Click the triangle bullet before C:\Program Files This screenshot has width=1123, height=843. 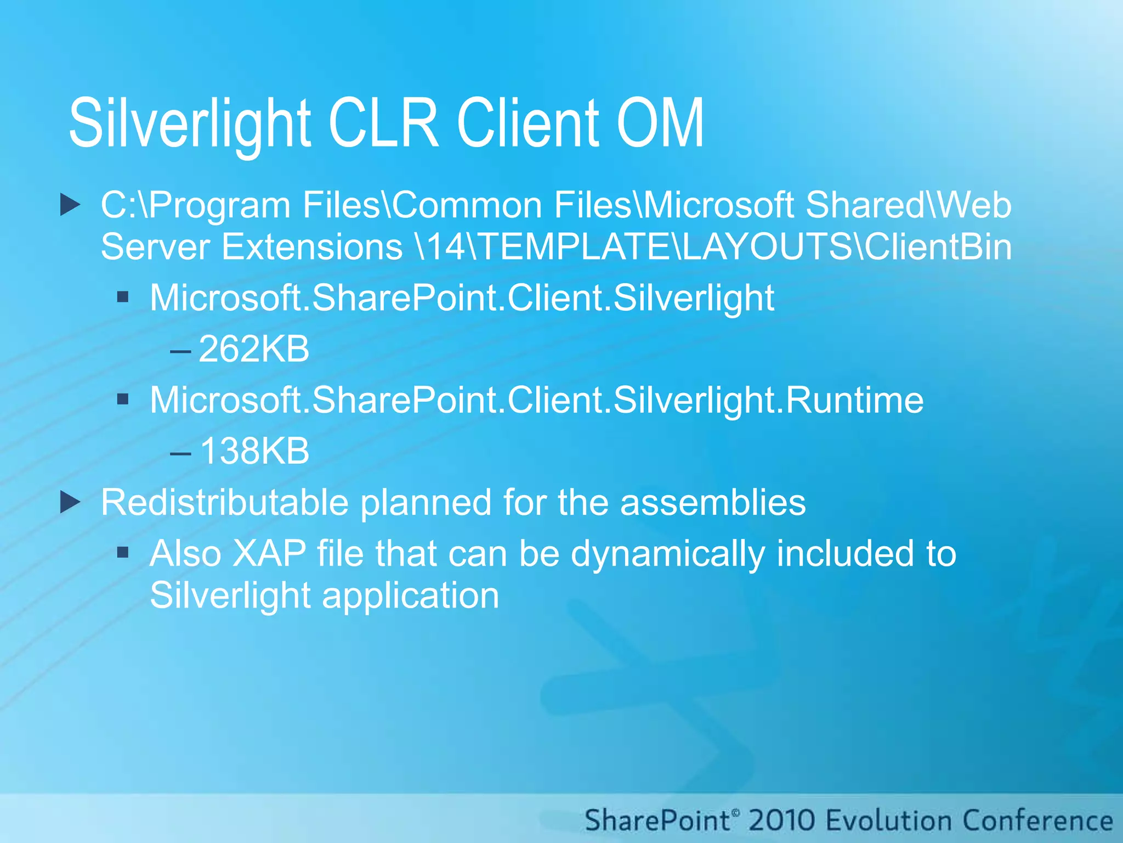(x=70, y=205)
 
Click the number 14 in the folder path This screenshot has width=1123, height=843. (x=446, y=246)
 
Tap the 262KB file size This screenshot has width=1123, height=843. (x=254, y=349)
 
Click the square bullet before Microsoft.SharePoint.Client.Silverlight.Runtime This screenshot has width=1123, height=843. (x=123, y=399)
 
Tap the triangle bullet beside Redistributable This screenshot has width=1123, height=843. (x=70, y=502)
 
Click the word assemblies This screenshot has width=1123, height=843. (x=713, y=502)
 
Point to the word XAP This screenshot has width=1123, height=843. (x=269, y=553)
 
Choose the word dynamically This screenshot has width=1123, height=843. (x=667, y=553)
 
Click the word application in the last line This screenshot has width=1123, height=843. (x=410, y=595)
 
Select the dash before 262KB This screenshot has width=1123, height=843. (x=180, y=351)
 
